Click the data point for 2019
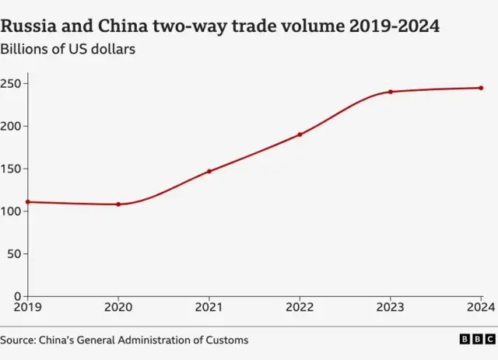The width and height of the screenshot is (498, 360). [28, 202]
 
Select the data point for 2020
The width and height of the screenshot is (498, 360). [118, 204]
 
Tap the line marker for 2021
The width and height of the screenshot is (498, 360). [209, 171]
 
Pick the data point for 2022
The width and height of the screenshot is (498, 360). [300, 135]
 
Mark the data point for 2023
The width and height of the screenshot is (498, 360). [391, 92]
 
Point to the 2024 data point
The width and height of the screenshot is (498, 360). [481, 88]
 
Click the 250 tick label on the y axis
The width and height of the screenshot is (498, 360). [12, 83]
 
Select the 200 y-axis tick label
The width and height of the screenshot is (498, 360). [12, 126]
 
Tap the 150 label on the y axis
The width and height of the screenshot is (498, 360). [12, 169]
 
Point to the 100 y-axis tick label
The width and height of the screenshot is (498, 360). [12, 211]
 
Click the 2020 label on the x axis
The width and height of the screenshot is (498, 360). [118, 308]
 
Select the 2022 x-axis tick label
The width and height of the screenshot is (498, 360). [300, 308]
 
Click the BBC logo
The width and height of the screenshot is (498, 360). [477, 339]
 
